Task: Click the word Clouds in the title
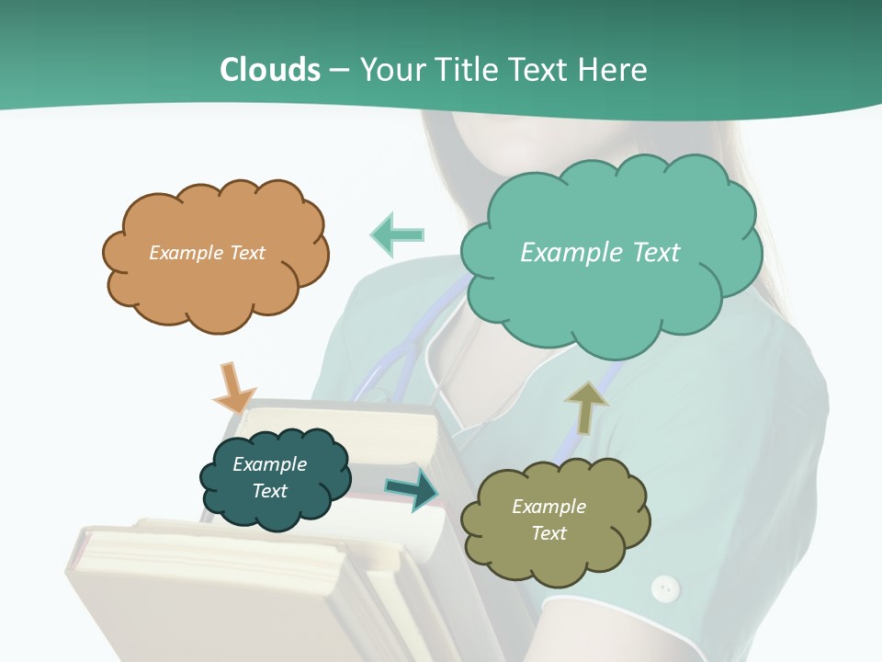270,70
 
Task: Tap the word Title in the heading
466,70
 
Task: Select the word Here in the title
615,70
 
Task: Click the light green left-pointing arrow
397,234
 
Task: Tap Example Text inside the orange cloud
207,253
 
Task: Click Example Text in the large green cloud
600,253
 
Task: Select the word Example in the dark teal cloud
269,464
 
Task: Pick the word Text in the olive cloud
548,533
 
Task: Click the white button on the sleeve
664,587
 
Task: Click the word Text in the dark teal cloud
269,491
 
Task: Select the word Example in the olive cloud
548,507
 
